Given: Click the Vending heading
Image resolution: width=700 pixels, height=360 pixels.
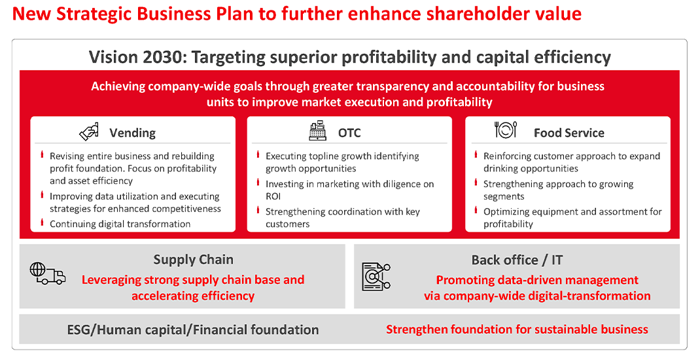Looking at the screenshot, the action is [133, 133].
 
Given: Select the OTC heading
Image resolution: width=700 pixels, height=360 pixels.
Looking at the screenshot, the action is [349, 133].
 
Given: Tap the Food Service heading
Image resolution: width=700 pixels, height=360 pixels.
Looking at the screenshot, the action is [569, 133].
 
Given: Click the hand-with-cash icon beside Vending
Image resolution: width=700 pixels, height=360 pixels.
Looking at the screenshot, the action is [89, 132].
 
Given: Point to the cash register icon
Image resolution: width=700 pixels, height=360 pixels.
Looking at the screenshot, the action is [318, 130].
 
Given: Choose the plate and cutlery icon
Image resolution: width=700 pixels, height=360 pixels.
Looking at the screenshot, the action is [505, 130].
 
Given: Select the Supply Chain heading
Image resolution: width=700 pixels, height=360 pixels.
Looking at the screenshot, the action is [193, 259].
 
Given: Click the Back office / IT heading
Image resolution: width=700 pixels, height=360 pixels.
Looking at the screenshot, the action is [517, 260].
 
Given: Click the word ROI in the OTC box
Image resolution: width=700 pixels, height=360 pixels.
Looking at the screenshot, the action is [273, 196].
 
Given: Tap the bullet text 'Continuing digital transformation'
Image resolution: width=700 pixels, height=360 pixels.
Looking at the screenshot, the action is [120, 225].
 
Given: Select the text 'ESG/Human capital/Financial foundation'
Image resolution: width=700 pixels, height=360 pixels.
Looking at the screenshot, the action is [193, 330].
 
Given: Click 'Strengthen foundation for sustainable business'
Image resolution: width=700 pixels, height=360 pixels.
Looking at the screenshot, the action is [517, 330].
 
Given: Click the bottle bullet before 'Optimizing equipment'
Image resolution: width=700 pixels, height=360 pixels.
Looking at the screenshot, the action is [476, 210].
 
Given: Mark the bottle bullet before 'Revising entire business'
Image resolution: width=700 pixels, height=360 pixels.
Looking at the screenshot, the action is [43, 155].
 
